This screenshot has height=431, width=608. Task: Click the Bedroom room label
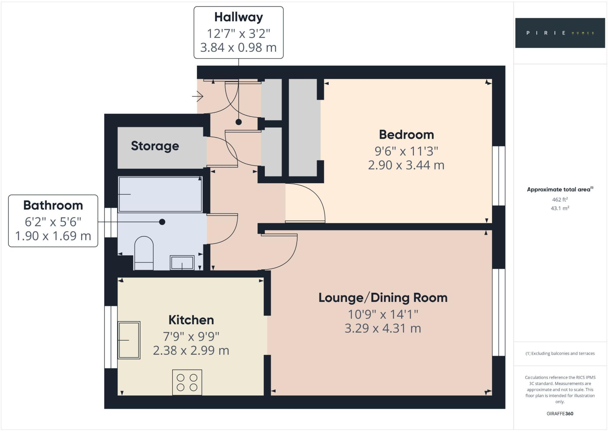[x=406, y=135]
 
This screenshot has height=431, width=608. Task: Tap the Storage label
[x=155, y=146]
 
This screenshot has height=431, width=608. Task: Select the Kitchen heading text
[x=191, y=320]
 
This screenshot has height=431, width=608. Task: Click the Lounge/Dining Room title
[x=383, y=298]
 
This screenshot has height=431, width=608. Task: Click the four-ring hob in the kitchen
[x=187, y=382]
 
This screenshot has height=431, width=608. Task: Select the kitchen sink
[x=129, y=340]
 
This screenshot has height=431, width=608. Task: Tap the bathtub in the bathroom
[x=160, y=194]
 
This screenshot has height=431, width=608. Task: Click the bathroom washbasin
[x=182, y=263]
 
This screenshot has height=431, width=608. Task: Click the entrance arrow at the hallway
[x=198, y=96]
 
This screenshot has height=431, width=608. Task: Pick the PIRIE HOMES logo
[x=560, y=33]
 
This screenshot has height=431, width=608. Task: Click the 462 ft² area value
[x=560, y=199]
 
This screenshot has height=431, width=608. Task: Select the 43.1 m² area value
[x=560, y=208]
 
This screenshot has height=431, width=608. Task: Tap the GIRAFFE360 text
[x=560, y=413]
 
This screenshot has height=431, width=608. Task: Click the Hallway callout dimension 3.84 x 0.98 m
[x=238, y=47]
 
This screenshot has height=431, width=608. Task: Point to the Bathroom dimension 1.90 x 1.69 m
[x=53, y=236]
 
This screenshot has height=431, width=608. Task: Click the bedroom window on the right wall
[x=499, y=176]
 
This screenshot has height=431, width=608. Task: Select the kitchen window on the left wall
[x=111, y=337]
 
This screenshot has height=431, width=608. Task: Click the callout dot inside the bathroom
[x=162, y=222]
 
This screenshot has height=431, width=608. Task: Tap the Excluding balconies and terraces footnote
[x=560, y=353]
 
